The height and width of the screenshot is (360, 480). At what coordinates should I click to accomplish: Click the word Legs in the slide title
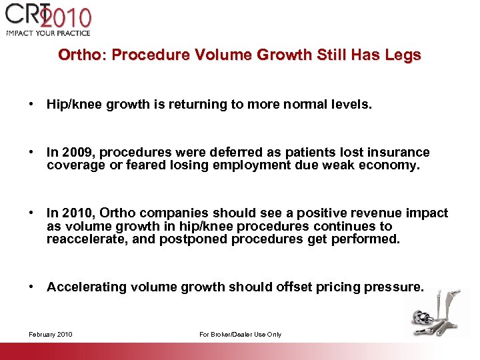point(403,55)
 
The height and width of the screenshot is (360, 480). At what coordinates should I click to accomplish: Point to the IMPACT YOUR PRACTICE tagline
point(48,33)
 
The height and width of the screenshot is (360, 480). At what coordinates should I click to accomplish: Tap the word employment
point(253,165)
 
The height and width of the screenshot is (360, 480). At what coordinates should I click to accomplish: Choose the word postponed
point(193,239)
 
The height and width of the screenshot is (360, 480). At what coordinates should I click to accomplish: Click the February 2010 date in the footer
point(51,334)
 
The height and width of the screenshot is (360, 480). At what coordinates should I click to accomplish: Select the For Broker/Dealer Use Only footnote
point(240,334)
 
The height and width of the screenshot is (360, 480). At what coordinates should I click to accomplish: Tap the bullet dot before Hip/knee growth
point(31,105)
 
